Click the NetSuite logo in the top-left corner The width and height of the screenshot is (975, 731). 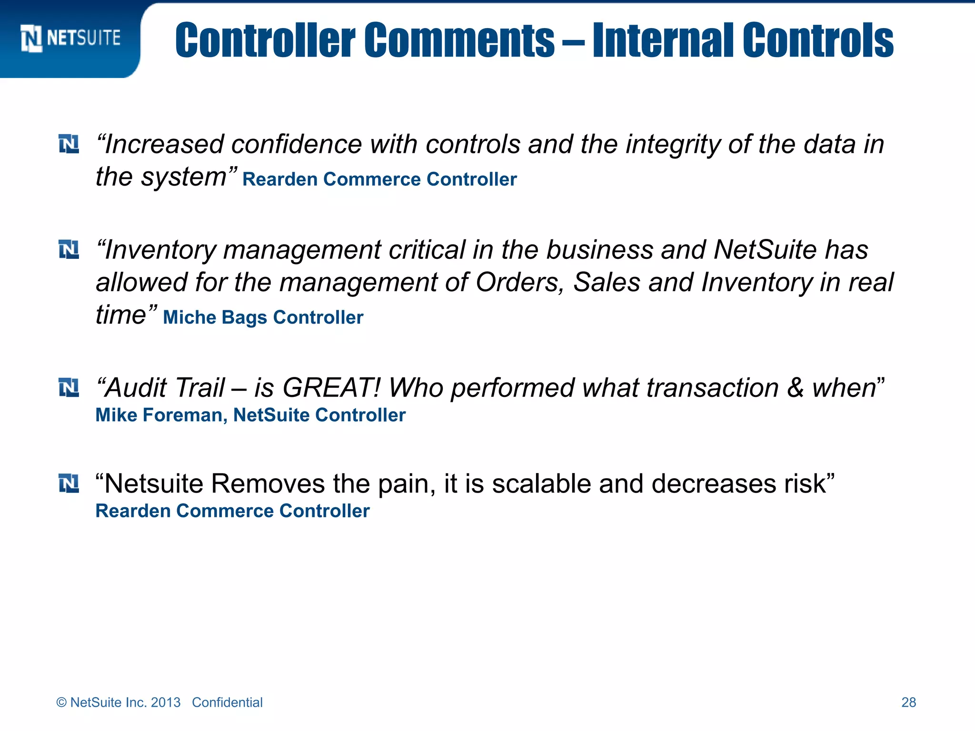[x=70, y=38]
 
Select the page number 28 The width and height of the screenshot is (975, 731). [x=908, y=702]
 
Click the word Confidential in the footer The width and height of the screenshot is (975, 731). [x=227, y=702]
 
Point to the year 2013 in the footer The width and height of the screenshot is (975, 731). [x=166, y=702]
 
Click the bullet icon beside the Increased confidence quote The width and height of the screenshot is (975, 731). [x=69, y=144]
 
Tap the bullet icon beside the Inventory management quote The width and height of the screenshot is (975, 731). [x=69, y=249]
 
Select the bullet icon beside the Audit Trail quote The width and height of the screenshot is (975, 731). [x=69, y=387]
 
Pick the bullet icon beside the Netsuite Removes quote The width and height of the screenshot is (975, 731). [x=69, y=484]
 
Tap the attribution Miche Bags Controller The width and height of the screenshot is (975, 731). [x=263, y=317]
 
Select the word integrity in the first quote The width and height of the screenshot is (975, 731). [x=673, y=145]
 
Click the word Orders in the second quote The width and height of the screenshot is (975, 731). [x=519, y=282]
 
